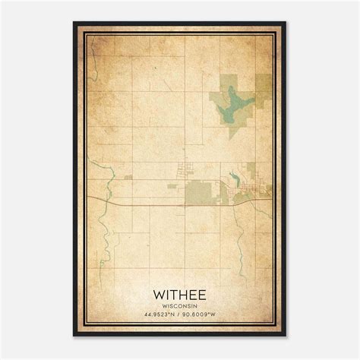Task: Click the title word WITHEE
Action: [x=180, y=293]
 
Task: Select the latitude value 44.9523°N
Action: [x=156, y=314]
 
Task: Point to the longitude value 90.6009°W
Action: [x=204, y=314]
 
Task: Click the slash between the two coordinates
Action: [x=180, y=314]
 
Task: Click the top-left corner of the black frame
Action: [x=74, y=23]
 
